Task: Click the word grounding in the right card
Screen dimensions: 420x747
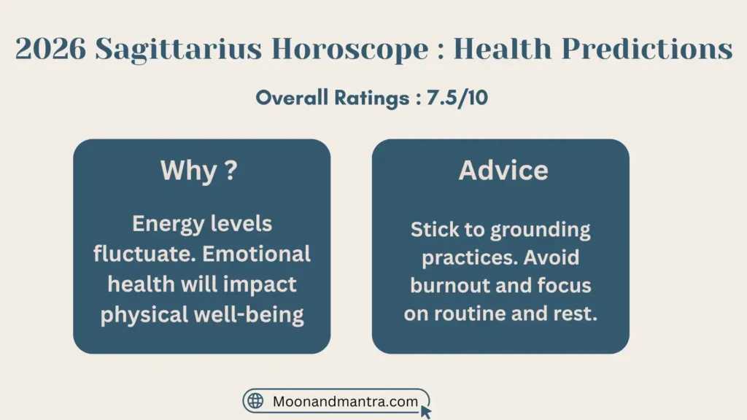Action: pos(540,230)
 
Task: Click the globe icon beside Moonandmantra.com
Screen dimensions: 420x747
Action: pos(255,401)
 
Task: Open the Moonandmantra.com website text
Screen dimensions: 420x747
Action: pos(344,401)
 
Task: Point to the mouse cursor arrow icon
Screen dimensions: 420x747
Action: pos(426,411)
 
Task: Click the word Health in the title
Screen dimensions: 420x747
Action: pos(503,50)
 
